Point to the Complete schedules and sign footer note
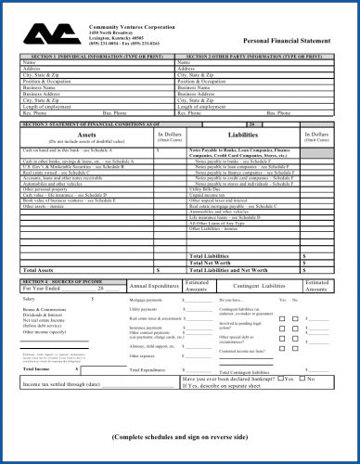180,435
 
